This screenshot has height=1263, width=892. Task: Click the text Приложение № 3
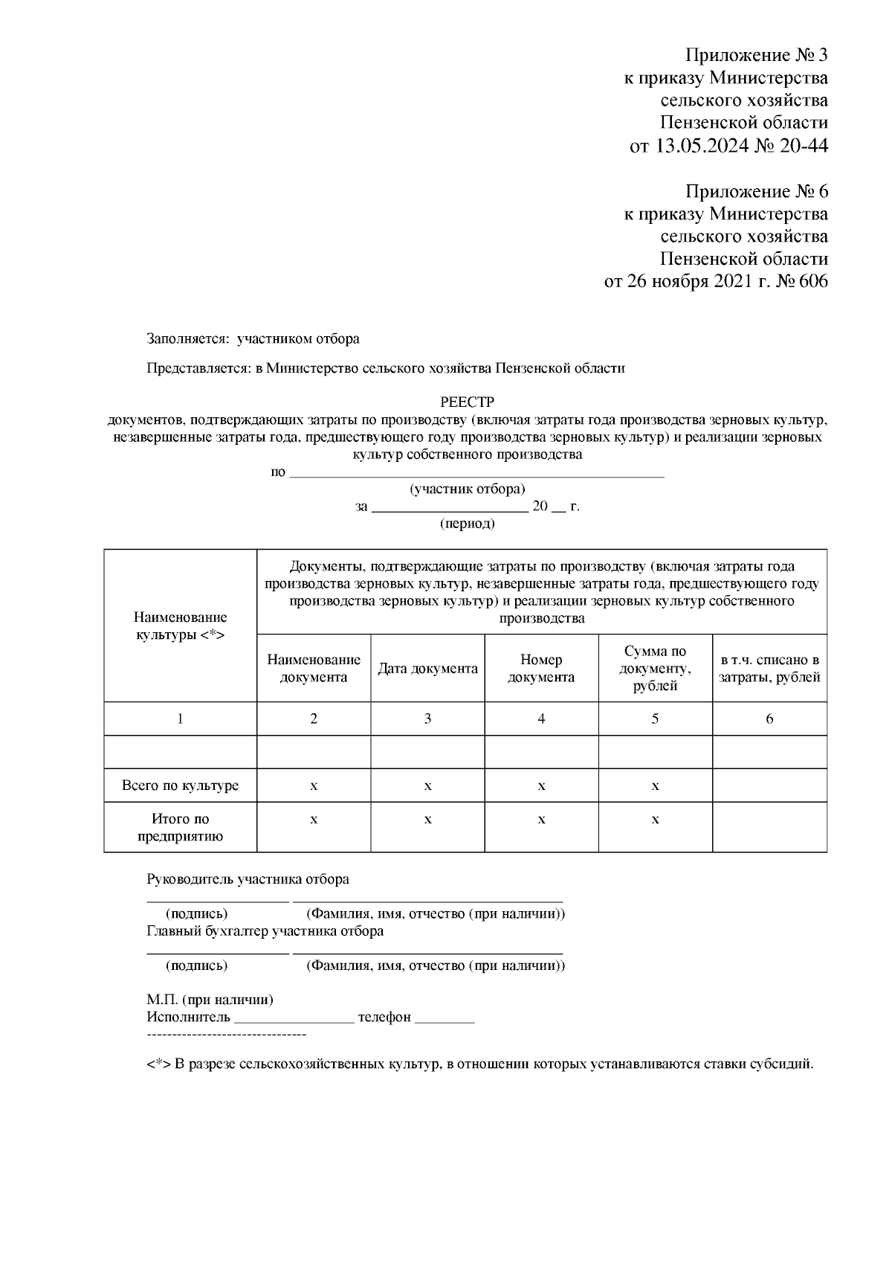pyautogui.click(x=755, y=55)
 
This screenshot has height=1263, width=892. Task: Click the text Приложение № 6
pyautogui.click(x=755, y=191)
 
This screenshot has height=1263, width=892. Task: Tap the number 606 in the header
pyautogui.click(x=811, y=282)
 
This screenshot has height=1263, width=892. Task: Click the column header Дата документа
pyautogui.click(x=427, y=669)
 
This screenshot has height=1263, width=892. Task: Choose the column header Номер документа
pyautogui.click(x=541, y=669)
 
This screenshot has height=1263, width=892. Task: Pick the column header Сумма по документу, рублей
pyautogui.click(x=655, y=669)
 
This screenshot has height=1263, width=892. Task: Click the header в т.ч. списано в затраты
pyautogui.click(x=769, y=669)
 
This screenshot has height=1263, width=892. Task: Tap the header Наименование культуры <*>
pyautogui.click(x=180, y=626)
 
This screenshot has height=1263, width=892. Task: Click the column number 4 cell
pyautogui.click(x=541, y=719)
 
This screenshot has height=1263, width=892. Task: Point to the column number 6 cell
pyautogui.click(x=769, y=719)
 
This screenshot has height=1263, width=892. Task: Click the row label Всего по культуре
pyautogui.click(x=180, y=785)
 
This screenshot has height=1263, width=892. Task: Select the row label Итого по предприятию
pyautogui.click(x=180, y=827)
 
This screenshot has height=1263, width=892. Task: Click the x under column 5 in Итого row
pyautogui.click(x=655, y=820)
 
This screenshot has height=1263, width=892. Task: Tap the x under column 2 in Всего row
pyautogui.click(x=314, y=786)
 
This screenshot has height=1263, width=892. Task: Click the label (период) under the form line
pyautogui.click(x=467, y=524)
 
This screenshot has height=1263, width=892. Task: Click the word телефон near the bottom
pyautogui.click(x=384, y=1017)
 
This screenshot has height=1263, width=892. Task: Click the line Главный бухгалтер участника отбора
pyautogui.click(x=265, y=931)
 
